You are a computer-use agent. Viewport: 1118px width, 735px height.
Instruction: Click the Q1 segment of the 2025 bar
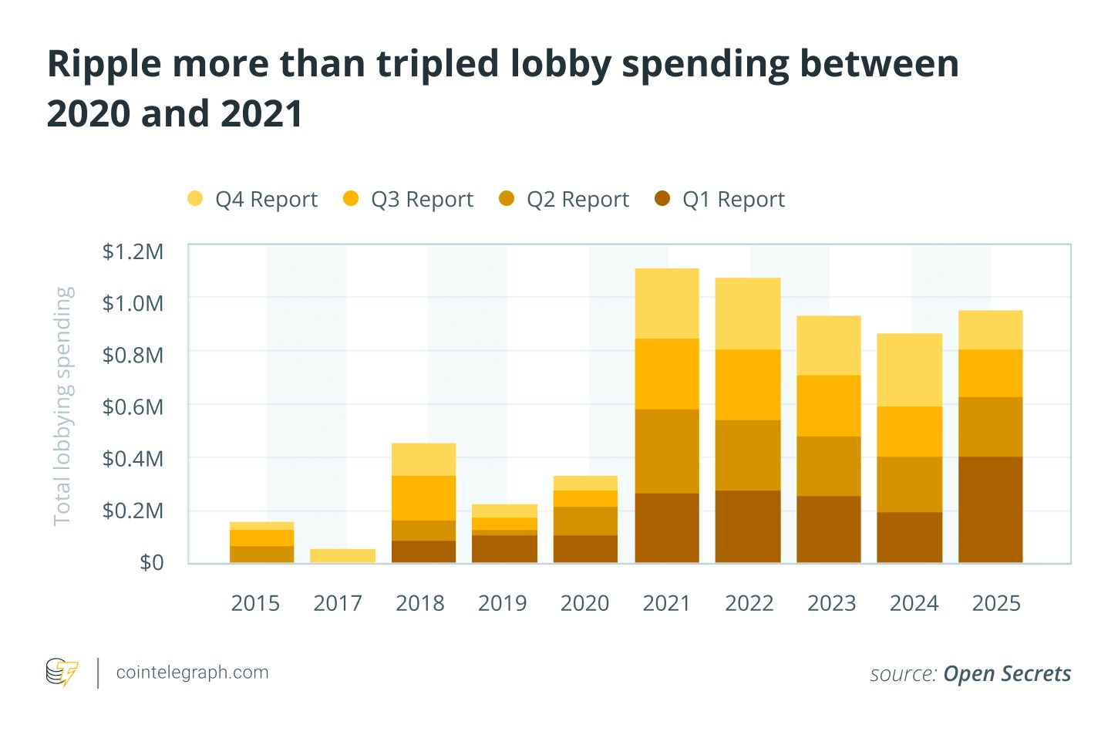coord(990,509)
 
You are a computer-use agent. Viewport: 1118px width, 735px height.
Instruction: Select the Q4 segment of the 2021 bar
coord(667,303)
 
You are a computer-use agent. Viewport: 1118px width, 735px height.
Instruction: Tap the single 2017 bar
coord(342,555)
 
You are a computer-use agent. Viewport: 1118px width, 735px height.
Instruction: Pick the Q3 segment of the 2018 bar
coord(423,497)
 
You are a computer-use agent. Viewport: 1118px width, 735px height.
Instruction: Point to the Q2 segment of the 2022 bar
coord(748,455)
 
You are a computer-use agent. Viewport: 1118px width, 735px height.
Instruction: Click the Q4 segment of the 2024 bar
coord(909,369)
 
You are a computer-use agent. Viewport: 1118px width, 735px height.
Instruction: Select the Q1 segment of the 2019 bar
coord(504,548)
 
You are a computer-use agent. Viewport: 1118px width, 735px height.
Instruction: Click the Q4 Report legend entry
coord(252,199)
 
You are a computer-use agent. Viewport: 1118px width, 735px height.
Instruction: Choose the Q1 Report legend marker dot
coord(662,198)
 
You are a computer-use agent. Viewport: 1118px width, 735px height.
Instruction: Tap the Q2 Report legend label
coord(578,199)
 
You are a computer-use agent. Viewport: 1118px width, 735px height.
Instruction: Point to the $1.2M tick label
coord(133,251)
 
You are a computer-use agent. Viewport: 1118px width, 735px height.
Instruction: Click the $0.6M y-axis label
coord(133,406)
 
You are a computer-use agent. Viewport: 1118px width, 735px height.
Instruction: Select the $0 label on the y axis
coord(151,562)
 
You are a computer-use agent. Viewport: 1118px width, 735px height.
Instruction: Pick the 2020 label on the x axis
coord(584,603)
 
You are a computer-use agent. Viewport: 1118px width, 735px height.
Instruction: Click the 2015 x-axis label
coord(255,603)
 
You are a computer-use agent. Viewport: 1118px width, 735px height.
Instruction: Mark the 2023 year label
coord(831,603)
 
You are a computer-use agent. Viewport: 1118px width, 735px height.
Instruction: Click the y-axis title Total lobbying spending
coord(63,406)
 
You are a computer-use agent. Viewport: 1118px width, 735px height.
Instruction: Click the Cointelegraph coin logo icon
coord(62,673)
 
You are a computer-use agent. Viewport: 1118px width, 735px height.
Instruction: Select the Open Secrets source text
coord(1007,674)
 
